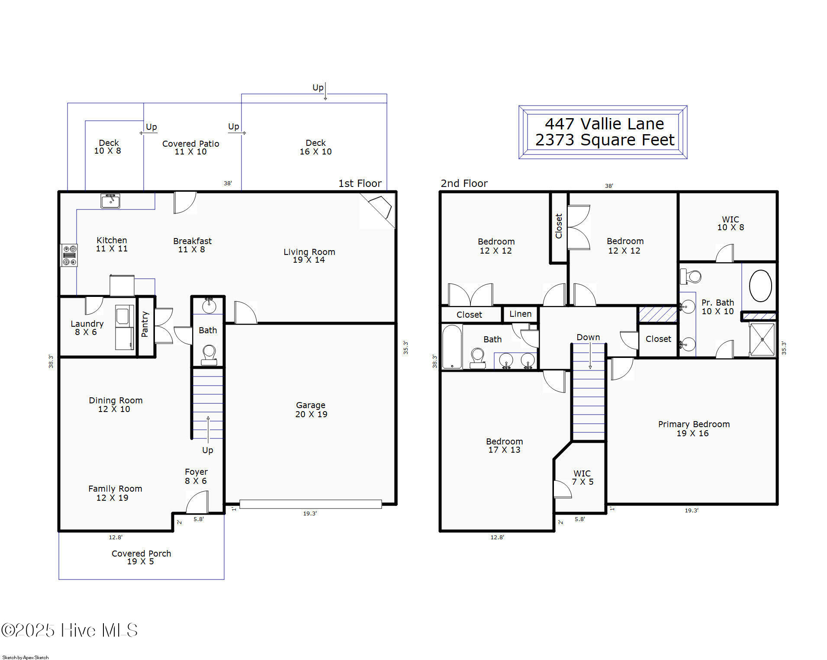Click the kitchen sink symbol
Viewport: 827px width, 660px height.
(110, 201)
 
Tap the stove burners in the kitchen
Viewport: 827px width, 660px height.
(69, 255)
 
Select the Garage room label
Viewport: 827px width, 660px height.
(311, 409)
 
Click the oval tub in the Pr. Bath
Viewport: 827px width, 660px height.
(760, 286)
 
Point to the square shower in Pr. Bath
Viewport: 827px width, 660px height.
(763, 340)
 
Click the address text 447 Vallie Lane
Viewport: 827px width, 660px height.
(604, 124)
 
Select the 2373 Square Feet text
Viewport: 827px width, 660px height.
(605, 140)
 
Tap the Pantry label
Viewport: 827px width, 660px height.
(145, 324)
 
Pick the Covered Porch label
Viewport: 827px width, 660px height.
(141, 557)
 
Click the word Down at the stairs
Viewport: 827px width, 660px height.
(588, 337)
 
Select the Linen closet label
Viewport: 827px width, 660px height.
(520, 314)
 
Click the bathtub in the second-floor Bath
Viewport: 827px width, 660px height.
(452, 347)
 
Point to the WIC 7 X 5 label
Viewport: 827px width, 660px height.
(582, 477)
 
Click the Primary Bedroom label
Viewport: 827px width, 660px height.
(694, 428)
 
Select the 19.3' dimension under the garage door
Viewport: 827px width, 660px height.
(310, 513)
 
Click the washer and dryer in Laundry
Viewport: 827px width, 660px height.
(125, 327)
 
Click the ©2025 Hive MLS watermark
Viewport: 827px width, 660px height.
(69, 630)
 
